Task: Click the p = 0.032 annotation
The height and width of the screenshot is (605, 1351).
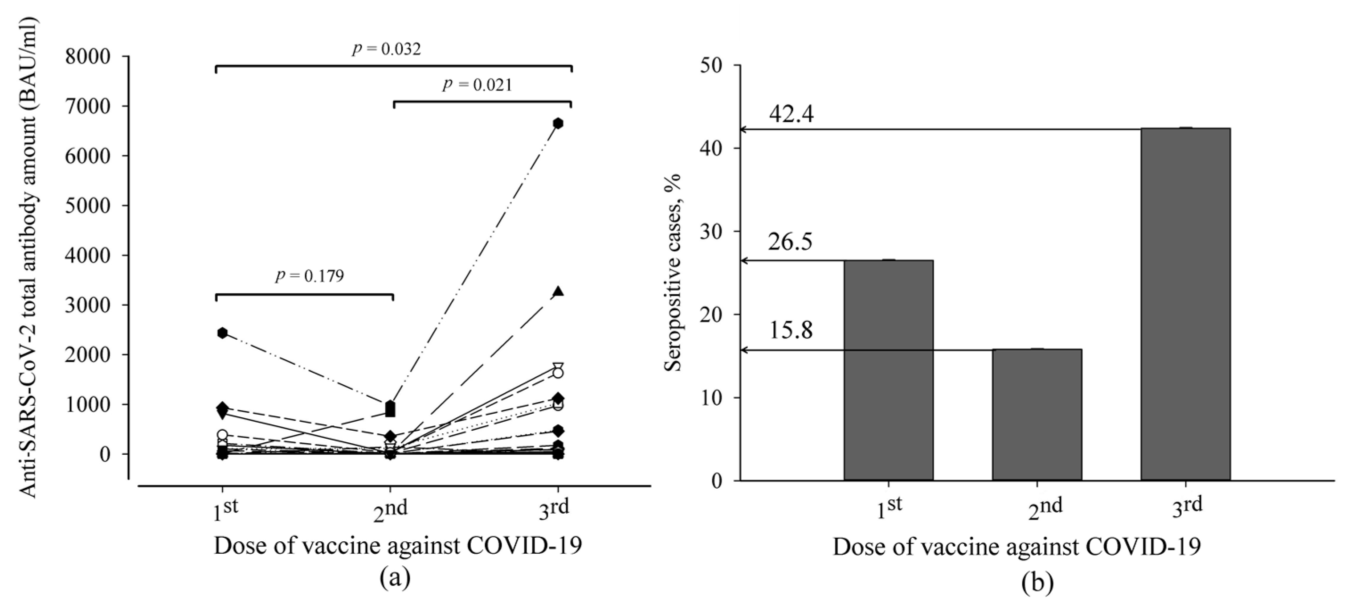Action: [x=386, y=49]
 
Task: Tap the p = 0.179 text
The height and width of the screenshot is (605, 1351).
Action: [x=310, y=276]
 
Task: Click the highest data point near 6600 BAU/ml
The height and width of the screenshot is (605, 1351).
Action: [x=558, y=123]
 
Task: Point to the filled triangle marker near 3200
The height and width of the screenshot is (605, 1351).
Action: [x=558, y=292]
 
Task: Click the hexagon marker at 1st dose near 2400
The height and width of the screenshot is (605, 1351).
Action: [x=222, y=333]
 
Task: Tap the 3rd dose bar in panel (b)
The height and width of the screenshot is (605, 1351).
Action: [x=1185, y=305]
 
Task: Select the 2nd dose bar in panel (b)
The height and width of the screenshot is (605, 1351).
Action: [x=1037, y=415]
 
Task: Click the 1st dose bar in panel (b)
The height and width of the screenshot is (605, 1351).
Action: [x=889, y=370]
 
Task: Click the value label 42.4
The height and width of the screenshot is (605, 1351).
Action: [x=792, y=115]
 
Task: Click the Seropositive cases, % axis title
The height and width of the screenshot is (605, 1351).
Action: [x=673, y=273]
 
